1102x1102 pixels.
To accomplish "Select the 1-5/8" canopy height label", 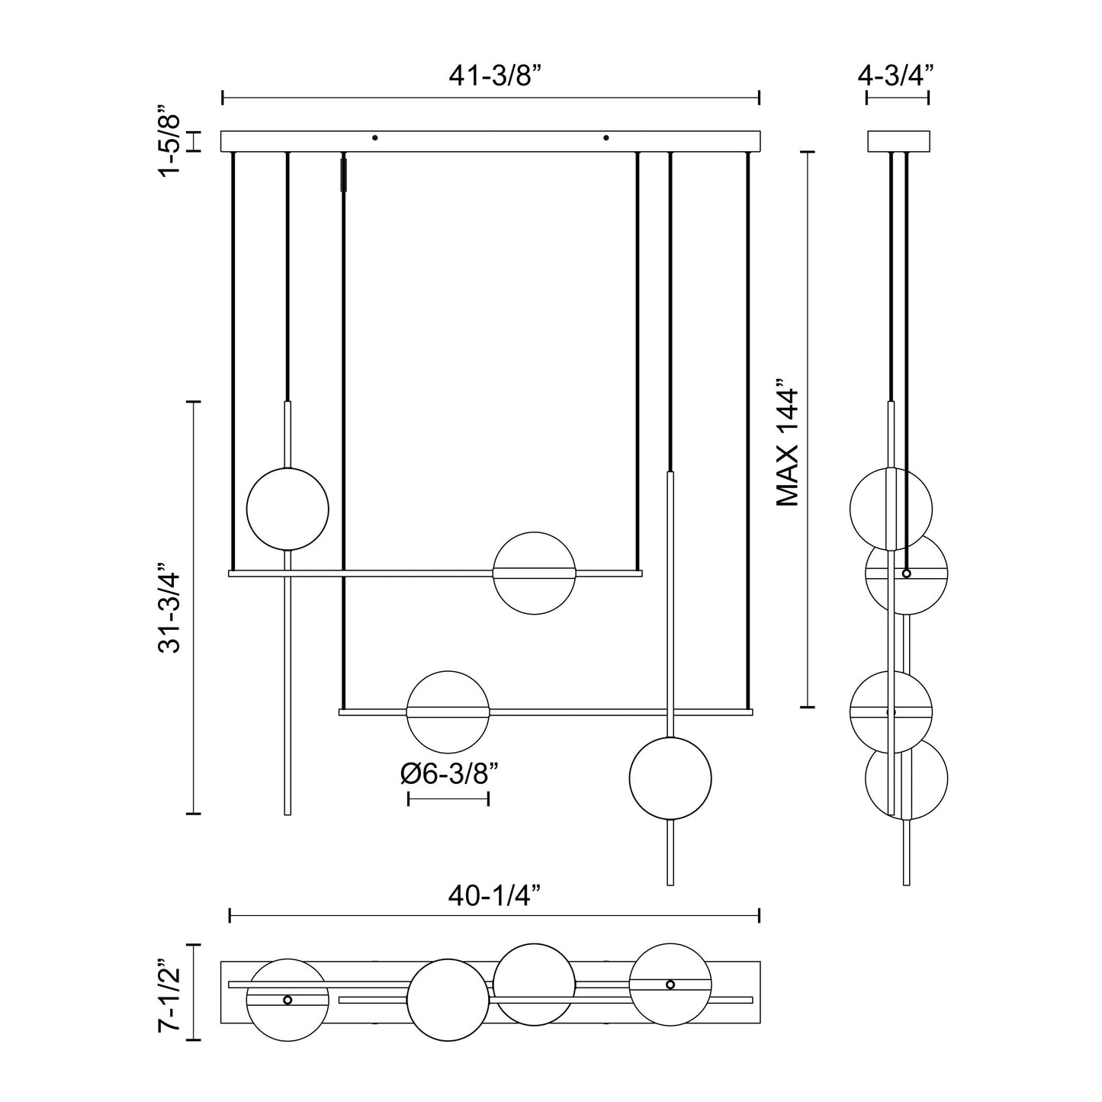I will click(x=169, y=141).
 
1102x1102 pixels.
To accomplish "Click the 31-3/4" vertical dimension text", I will click(x=169, y=609).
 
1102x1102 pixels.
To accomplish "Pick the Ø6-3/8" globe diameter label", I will click(x=449, y=773).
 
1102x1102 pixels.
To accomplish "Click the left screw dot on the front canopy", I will click(x=374, y=138).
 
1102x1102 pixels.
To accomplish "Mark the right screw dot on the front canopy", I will click(x=606, y=138).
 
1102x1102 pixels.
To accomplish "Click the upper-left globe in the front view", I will click(x=288, y=509).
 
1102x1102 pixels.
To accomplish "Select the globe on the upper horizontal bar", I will click(x=534, y=573).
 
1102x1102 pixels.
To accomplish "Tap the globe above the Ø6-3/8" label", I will click(x=448, y=712).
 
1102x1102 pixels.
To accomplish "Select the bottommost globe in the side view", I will click(x=907, y=779).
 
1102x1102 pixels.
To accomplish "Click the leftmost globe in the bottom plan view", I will click(x=288, y=1000).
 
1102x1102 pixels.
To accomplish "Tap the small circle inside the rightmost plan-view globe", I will click(x=670, y=985).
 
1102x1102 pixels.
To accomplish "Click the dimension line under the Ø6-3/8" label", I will click(x=448, y=799).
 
